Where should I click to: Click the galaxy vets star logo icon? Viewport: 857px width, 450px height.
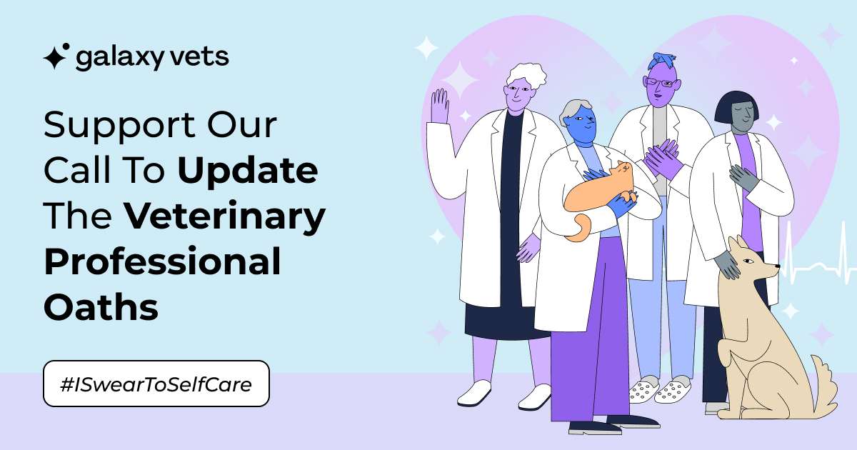[56, 56]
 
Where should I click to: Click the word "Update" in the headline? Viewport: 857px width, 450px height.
[248, 171]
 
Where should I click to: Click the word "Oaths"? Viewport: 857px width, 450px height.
[101, 307]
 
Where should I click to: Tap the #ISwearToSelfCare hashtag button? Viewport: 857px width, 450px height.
[156, 384]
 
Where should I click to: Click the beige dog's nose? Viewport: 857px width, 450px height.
[777, 266]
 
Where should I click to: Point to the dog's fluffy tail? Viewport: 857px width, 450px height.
[826, 383]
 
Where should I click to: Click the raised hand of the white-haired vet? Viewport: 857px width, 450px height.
[440, 106]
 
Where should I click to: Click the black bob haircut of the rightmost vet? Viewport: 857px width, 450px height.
[736, 107]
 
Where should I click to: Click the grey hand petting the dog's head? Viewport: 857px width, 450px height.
[726, 265]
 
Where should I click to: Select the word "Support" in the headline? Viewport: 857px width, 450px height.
[119, 126]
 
